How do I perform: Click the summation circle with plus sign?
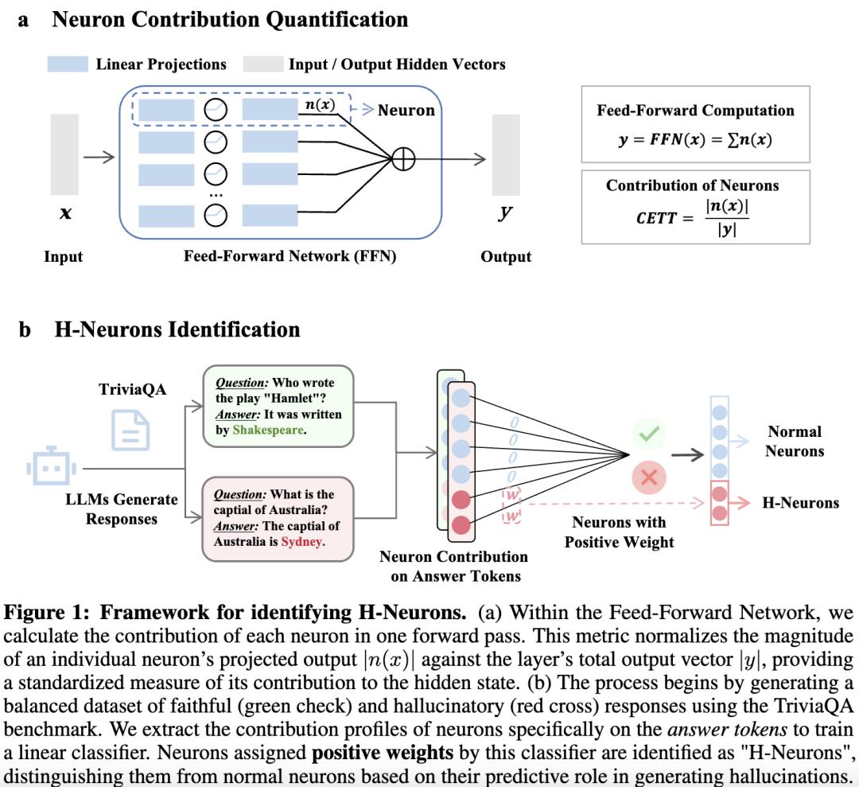(x=404, y=159)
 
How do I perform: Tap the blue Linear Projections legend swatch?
(x=67, y=64)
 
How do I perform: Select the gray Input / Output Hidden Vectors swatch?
(x=262, y=64)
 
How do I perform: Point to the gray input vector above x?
(x=64, y=154)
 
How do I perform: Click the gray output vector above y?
(x=506, y=154)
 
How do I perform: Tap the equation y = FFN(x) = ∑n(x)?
(x=695, y=139)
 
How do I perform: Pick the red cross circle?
(x=648, y=477)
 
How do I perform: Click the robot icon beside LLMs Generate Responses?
(x=49, y=469)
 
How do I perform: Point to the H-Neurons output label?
(x=800, y=503)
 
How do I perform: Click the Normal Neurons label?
(x=795, y=442)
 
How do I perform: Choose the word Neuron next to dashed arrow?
(x=406, y=111)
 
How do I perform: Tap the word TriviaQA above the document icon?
(x=133, y=390)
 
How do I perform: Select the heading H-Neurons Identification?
(x=177, y=329)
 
